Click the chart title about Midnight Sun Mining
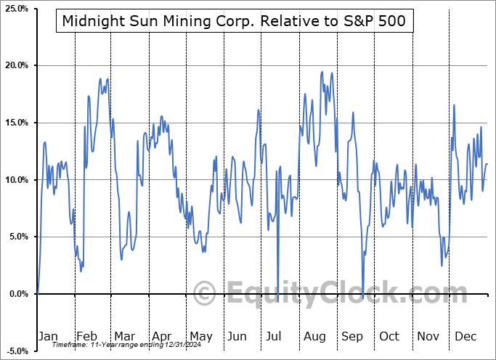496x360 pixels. point(235,22)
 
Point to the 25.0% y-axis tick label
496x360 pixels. point(16,9)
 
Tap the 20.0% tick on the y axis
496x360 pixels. point(16,66)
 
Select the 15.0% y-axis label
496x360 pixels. point(16,123)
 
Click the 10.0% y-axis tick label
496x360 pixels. point(16,180)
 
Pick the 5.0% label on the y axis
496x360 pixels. point(18,237)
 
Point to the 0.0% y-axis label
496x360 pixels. point(18,294)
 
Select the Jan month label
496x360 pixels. point(47,336)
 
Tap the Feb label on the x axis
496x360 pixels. point(86,336)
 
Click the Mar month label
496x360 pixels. point(123,336)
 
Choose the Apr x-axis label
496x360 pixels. point(160,336)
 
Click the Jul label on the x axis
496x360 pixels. point(275,336)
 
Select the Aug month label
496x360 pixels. point(314,336)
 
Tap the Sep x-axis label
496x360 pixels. point(351,336)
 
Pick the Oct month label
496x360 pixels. point(389,336)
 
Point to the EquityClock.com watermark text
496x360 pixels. point(327,294)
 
